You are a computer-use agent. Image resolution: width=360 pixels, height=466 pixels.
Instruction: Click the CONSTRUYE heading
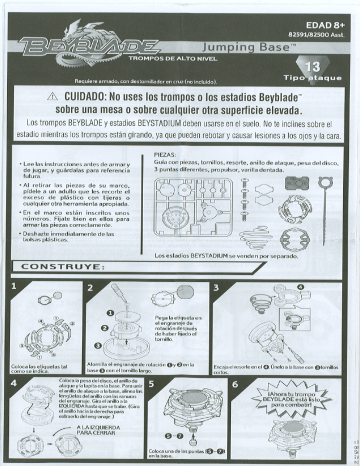(x=64, y=269)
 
